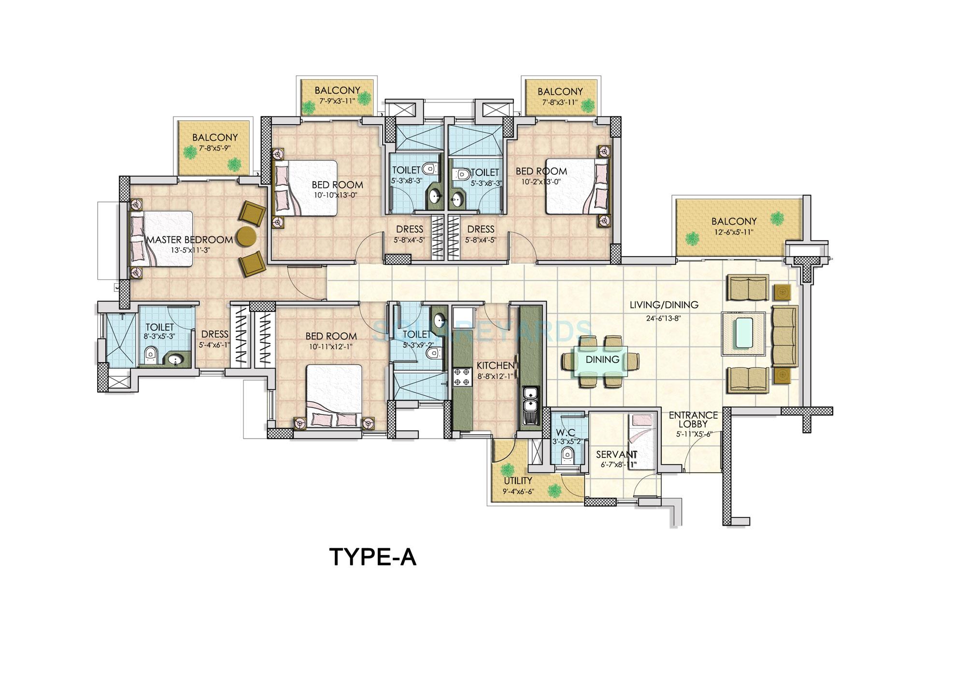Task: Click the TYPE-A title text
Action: pos(373,557)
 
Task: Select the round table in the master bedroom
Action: pos(246,237)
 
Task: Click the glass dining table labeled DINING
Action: pos(602,360)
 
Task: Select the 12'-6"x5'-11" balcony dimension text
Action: pos(733,232)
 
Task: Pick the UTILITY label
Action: pos(518,481)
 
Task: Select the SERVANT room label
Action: pos(616,455)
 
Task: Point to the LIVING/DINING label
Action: pos(664,305)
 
